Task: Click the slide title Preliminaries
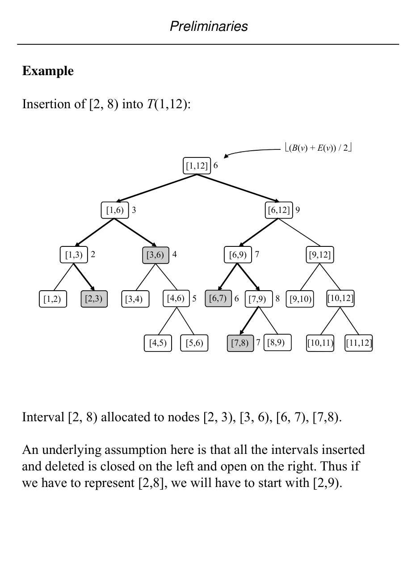click(x=209, y=26)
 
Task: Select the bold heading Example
click(x=48, y=71)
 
